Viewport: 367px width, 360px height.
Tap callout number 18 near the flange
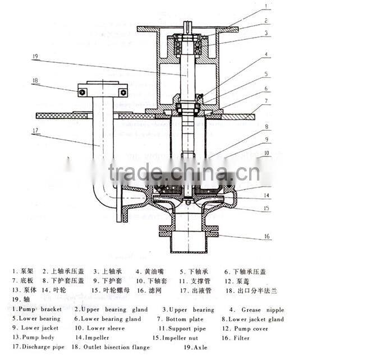[35, 81]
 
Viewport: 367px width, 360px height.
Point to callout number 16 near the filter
[267, 237]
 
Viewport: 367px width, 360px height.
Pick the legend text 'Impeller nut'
[180, 338]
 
